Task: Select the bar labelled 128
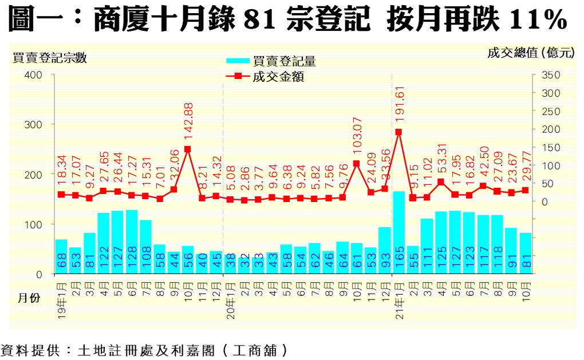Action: click(132, 242)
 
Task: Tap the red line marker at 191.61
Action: click(398, 132)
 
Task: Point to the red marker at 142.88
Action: click(188, 149)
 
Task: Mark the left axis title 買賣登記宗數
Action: click(50, 57)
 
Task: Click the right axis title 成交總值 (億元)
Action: click(530, 53)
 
